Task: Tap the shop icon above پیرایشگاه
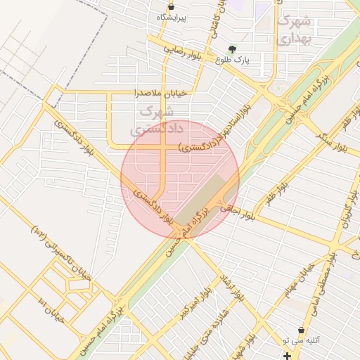pyautogui.click(x=172, y=6)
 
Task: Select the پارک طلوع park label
pyautogui.click(x=252, y=60)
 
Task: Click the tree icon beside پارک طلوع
pyautogui.click(x=233, y=49)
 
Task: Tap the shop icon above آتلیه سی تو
pyautogui.click(x=302, y=330)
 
